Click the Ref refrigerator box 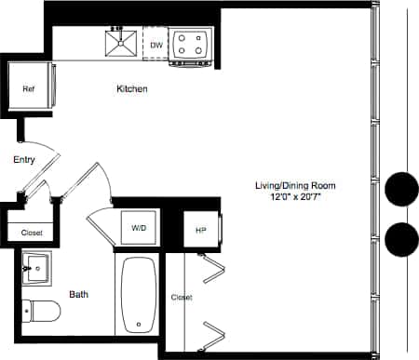tap(31, 89)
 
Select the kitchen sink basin tap(120, 44)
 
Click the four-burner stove tap(191, 45)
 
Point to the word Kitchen tap(132, 89)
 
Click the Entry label tap(24, 160)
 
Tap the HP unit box tap(201, 230)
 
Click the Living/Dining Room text tap(294, 186)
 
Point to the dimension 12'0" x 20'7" tap(294, 198)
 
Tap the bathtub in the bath tap(139, 294)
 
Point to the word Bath tap(79, 295)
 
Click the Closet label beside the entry tap(31, 233)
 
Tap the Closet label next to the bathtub tap(182, 298)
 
